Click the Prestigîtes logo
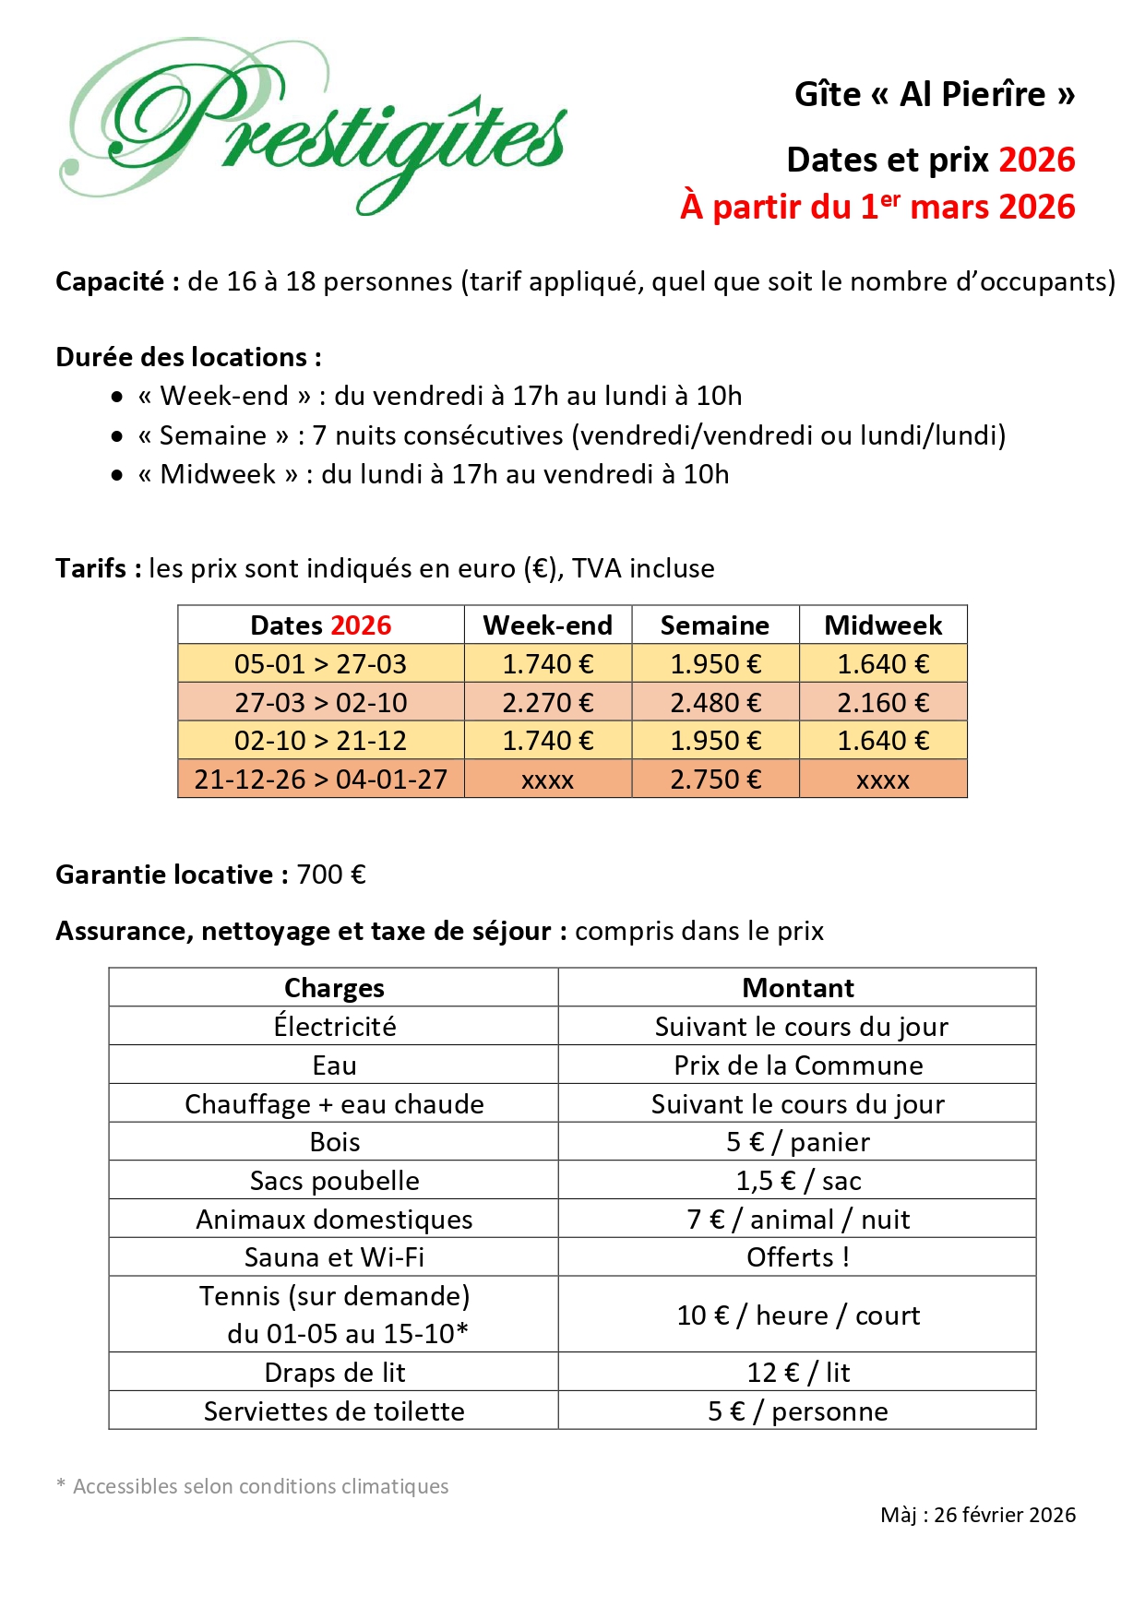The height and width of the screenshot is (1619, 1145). point(314,125)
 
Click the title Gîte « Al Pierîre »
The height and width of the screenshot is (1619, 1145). point(934,94)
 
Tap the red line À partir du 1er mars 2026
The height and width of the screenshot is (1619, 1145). point(877,207)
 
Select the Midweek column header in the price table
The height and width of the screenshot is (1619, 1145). point(883,625)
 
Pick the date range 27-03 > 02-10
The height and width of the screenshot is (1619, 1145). point(320,703)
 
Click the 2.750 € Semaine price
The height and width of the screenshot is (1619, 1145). point(715,780)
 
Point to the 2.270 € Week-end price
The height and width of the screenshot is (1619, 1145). point(547,703)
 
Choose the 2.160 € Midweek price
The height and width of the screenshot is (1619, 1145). point(883,703)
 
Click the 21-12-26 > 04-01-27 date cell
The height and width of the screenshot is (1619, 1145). point(320,780)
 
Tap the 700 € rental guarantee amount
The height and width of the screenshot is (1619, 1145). point(331,875)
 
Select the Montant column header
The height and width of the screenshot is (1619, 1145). point(797,988)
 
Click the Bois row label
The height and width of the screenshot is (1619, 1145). point(334,1142)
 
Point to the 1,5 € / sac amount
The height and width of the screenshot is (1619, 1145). point(797,1181)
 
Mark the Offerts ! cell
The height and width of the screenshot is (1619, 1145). point(797,1257)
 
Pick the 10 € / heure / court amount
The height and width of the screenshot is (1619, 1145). point(797,1315)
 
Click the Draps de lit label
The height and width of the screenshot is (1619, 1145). point(334,1373)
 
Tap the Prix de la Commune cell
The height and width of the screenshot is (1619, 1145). point(797,1065)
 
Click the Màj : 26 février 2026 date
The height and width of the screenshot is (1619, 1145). point(977,1515)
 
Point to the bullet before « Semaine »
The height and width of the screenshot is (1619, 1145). point(117,436)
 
